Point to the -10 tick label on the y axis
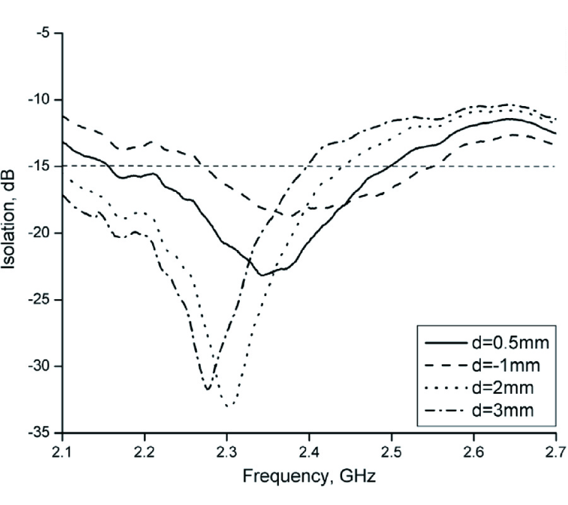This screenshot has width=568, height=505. (x=41, y=100)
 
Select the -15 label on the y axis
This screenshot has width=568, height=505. (x=41, y=167)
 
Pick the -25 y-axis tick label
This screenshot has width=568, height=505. (x=41, y=300)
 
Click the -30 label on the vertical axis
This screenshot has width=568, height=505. (x=41, y=367)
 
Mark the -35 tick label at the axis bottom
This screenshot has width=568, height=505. (x=41, y=434)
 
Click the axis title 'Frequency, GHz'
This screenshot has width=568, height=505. (x=309, y=476)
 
